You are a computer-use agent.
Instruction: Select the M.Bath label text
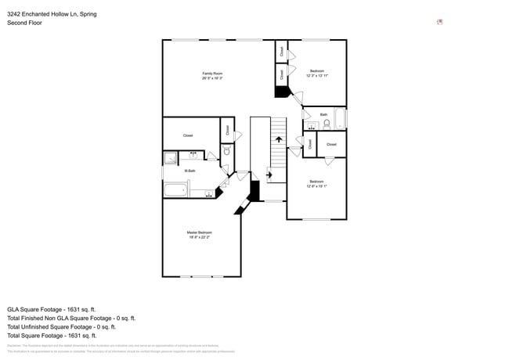pyautogui.click(x=190, y=171)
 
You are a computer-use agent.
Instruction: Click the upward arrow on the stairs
pyautogui.click(x=279, y=139)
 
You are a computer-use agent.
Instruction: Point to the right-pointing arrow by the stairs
pyautogui.click(x=270, y=175)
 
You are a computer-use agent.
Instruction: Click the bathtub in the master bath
pyautogui.click(x=176, y=189)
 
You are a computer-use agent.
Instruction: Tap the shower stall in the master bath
pyautogui.click(x=171, y=158)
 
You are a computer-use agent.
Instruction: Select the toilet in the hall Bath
pyautogui.click(x=327, y=124)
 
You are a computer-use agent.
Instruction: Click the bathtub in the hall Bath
pyautogui.click(x=340, y=119)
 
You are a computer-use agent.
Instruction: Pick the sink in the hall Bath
pyautogui.click(x=312, y=125)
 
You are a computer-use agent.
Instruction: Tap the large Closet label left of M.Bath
pyautogui.click(x=188, y=135)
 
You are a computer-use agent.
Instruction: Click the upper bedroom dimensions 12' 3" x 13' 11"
pyautogui.click(x=317, y=75)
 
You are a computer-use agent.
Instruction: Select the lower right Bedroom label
pyautogui.click(x=316, y=182)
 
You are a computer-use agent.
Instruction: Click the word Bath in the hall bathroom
pyautogui.click(x=323, y=114)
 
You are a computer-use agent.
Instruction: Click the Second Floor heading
pyautogui.click(x=24, y=23)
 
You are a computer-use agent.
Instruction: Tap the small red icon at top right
pyautogui.click(x=440, y=22)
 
